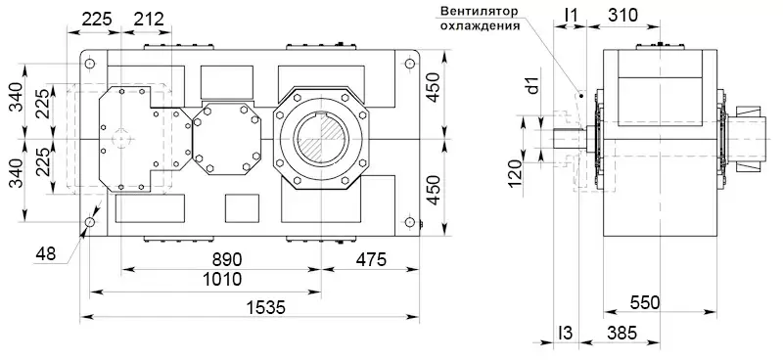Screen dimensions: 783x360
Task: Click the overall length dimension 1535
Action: pos(266,307)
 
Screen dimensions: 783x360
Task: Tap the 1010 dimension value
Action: pos(223,279)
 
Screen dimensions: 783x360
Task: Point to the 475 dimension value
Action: pos(371,259)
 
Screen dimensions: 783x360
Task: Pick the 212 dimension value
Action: pos(149,20)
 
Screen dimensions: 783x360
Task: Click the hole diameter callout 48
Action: pos(46,254)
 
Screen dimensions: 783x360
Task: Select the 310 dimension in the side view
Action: pos(622,16)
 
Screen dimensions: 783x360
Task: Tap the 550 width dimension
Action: pos(645,302)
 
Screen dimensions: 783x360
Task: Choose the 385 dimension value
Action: pos(622,333)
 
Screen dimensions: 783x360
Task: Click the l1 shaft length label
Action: pos(570,16)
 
